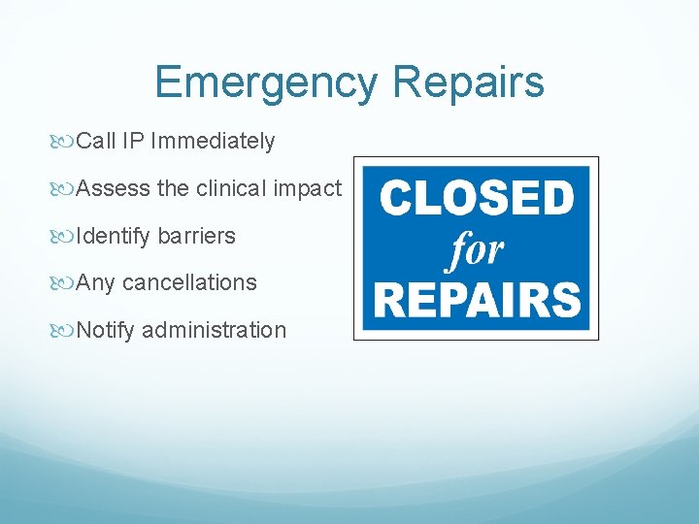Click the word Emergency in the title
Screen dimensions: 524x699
[x=265, y=82]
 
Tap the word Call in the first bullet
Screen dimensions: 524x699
[x=96, y=142]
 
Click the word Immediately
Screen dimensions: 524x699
[x=213, y=142]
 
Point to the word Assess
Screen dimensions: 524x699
[x=113, y=188]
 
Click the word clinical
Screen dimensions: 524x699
[x=231, y=188]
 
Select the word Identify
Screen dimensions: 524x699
[x=114, y=236]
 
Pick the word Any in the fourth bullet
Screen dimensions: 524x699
[x=96, y=282]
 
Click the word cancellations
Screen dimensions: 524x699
[x=189, y=282]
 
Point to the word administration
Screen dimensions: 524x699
[x=215, y=330]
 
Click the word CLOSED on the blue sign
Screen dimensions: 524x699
[x=476, y=199]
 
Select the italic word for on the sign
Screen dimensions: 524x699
[x=476, y=250]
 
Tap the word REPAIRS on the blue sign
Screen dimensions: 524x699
[x=476, y=300]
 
